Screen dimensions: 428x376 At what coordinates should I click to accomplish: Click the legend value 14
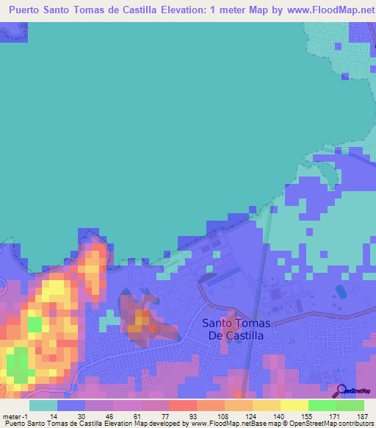(x=54, y=417)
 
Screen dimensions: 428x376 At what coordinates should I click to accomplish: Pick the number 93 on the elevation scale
(x=192, y=417)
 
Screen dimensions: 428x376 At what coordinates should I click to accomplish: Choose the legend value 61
(x=136, y=417)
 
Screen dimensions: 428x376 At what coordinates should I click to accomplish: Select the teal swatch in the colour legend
(x=43, y=405)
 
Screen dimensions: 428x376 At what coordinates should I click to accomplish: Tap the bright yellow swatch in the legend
(x=294, y=405)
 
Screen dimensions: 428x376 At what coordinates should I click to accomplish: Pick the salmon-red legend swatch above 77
(x=182, y=405)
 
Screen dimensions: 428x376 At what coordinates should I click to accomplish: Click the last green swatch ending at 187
(x=350, y=405)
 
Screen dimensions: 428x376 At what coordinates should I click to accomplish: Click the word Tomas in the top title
(x=98, y=10)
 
